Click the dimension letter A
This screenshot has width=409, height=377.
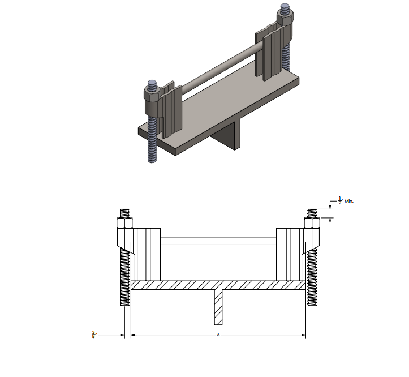click(x=218, y=335)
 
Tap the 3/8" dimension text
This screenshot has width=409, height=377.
click(x=94, y=335)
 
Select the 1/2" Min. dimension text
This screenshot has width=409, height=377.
click(x=346, y=201)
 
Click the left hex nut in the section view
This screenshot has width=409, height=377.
click(x=124, y=223)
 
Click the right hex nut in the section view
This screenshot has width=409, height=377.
click(x=312, y=223)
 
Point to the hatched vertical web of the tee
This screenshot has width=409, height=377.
click(x=218, y=307)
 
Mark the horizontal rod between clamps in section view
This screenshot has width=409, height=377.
click(x=218, y=241)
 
